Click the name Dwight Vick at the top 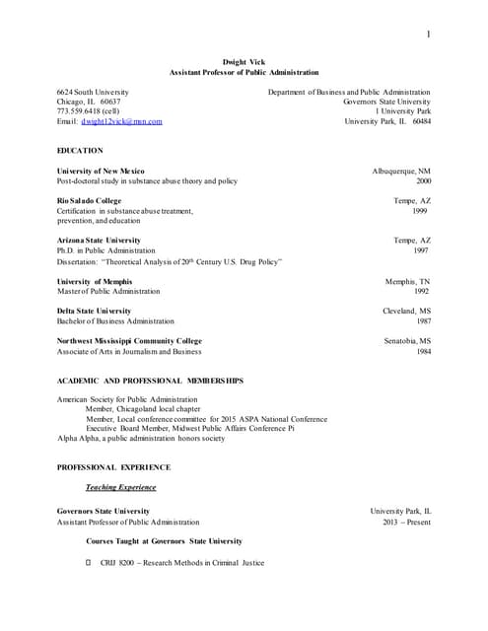point(244,62)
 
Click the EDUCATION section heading point(80,150)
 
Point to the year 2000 point(423,181)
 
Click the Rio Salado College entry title point(90,200)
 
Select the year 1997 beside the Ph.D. point(421,250)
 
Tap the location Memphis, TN point(407,281)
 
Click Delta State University point(94,311)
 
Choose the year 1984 point(422,351)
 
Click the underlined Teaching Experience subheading point(120,487)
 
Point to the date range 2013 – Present point(405,522)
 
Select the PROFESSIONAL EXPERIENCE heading point(113,466)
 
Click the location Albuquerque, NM point(401,171)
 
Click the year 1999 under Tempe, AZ point(420,211)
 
